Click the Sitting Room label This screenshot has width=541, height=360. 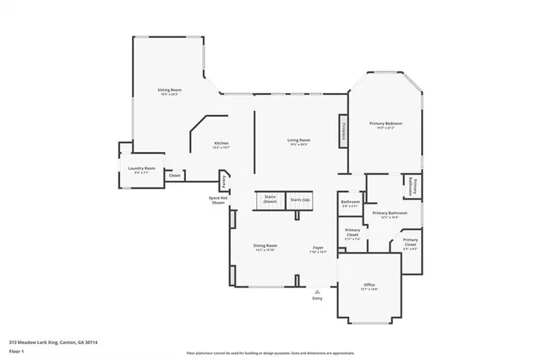(x=169, y=90)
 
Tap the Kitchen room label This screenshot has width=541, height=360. (x=221, y=144)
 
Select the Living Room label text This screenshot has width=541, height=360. (x=298, y=140)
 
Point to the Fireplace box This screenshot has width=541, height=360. (x=344, y=132)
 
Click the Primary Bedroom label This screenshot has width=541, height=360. (x=385, y=124)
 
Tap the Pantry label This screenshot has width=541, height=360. (x=223, y=180)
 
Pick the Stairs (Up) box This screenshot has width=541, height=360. (x=299, y=200)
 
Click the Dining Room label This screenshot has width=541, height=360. (x=265, y=247)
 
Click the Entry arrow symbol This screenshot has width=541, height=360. (x=317, y=290)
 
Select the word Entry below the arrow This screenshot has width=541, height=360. (x=317, y=298)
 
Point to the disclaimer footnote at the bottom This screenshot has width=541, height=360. (x=270, y=352)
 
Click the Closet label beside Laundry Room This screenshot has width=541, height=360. (x=174, y=175)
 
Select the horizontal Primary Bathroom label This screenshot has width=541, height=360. (x=391, y=214)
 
